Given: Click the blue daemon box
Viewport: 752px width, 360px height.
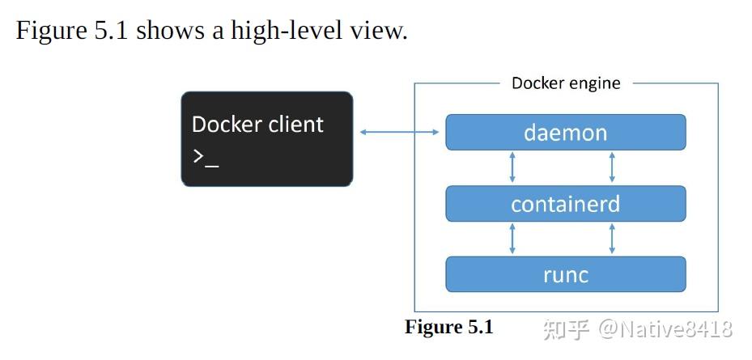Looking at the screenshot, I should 565,132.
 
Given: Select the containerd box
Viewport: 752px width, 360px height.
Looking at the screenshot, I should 565,204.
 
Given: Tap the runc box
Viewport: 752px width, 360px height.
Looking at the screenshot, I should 565,275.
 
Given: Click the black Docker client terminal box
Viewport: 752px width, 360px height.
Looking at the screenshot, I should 266,139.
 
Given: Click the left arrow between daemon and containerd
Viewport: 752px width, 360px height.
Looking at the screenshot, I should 512,167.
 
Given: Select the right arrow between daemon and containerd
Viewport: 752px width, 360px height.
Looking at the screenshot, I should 611,167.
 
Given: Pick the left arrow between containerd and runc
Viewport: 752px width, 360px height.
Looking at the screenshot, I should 512,239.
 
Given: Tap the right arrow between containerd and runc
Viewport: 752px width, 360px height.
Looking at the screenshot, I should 611,239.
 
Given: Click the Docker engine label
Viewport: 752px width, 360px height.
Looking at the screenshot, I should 566,83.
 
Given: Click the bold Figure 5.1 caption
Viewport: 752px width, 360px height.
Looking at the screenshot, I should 448,327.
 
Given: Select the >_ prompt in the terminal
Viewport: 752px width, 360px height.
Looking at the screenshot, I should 205,157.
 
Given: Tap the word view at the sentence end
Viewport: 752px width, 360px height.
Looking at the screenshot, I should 380,31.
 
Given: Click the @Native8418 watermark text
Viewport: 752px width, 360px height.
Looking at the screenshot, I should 665,328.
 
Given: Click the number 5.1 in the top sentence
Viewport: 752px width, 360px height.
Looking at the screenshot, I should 110,31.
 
